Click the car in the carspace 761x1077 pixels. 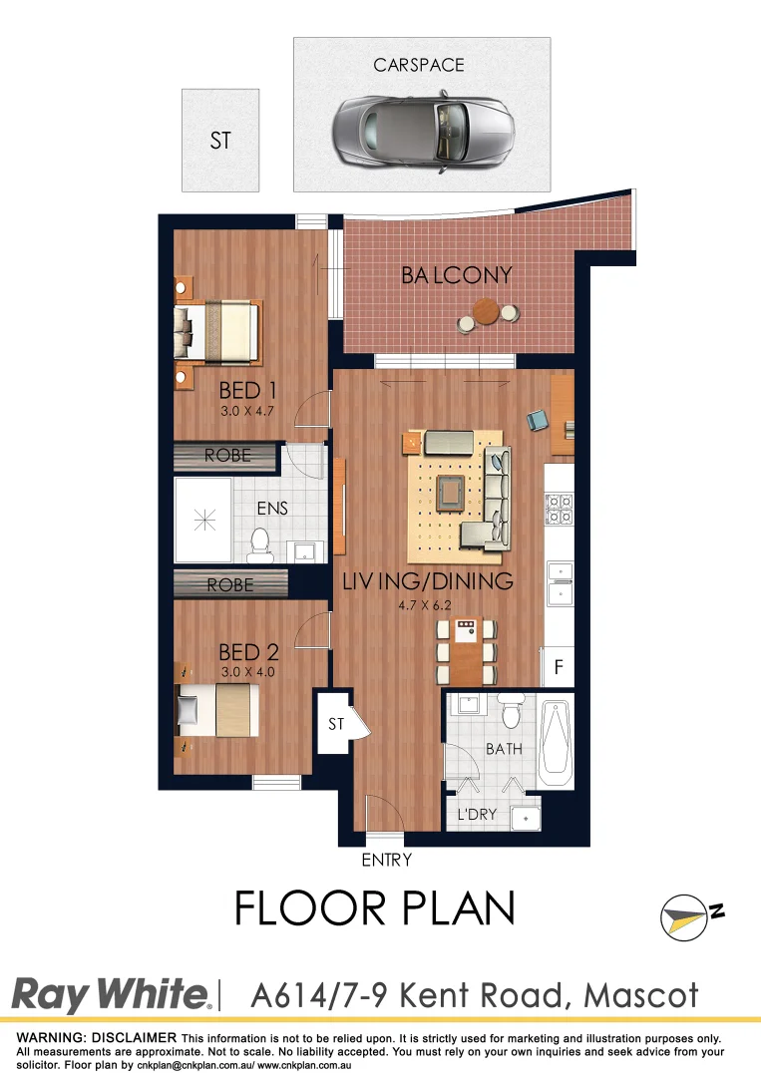[423, 127]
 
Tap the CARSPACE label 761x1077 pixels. [419, 65]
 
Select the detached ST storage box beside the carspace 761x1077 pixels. [220, 141]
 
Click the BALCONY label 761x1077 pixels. [457, 275]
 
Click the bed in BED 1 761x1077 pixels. [218, 330]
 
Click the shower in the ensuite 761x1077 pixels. [203, 519]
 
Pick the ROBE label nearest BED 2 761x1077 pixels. [230, 585]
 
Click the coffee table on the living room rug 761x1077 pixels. [451, 491]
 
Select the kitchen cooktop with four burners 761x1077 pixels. [558, 510]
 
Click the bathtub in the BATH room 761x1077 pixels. [557, 743]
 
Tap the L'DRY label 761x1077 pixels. [478, 815]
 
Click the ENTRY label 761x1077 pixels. [387, 860]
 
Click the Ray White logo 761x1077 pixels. [111, 995]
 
